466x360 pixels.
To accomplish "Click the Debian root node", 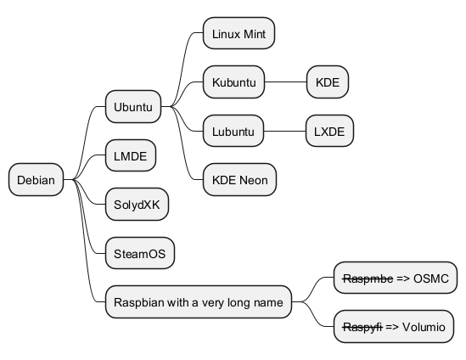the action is [x=36, y=179].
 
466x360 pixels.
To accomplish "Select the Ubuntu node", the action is [x=133, y=106].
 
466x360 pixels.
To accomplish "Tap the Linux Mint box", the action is [x=239, y=33].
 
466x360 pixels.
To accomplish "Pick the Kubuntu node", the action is [x=234, y=82].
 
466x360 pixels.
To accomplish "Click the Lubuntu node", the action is [x=233, y=131].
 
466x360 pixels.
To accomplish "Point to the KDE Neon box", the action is [x=240, y=179].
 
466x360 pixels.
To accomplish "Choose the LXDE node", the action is [x=329, y=131].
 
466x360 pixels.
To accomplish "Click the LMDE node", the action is [x=131, y=155].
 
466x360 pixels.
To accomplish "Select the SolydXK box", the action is [x=137, y=205].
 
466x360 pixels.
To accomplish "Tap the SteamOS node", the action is [x=140, y=253].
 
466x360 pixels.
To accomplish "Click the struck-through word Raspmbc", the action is [x=368, y=278].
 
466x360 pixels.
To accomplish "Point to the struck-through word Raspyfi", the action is [x=362, y=327].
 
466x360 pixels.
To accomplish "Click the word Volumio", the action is [x=424, y=327].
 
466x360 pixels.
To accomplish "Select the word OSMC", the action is [x=431, y=278].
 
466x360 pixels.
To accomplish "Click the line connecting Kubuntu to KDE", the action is [x=285, y=82].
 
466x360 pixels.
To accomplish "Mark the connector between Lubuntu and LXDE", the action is [x=284, y=131].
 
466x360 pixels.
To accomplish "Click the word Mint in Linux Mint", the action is [x=254, y=34].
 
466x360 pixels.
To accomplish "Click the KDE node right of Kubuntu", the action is [x=328, y=82].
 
